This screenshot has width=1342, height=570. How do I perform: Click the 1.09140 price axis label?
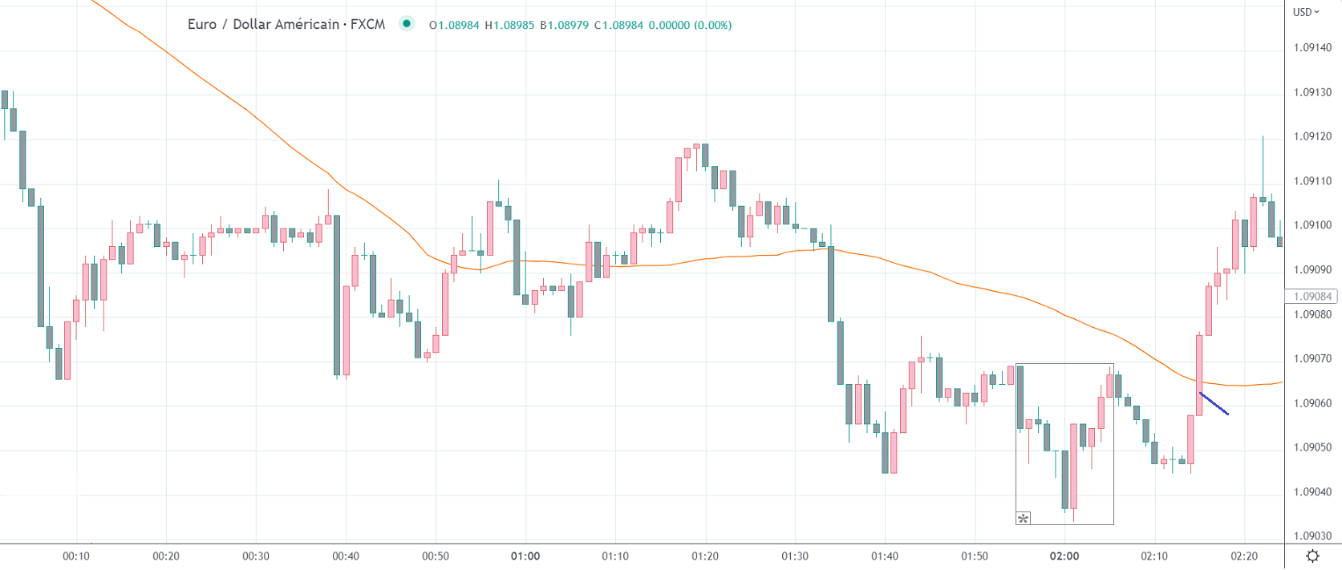click(1312, 47)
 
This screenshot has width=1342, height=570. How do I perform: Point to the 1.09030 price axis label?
click(1312, 536)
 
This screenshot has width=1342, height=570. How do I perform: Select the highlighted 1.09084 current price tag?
click(1312, 297)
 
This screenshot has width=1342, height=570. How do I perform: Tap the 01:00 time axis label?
click(525, 556)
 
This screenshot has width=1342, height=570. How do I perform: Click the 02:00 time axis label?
click(1064, 556)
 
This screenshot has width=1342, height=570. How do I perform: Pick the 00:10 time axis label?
click(76, 556)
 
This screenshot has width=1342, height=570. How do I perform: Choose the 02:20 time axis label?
click(1244, 556)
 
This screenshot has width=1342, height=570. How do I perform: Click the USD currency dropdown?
click(1305, 12)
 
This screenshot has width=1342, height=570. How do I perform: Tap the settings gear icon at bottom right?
click(1313, 556)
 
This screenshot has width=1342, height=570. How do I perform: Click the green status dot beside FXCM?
click(407, 24)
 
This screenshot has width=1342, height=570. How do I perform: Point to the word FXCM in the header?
click(367, 24)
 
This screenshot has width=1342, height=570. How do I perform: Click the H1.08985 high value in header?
click(509, 25)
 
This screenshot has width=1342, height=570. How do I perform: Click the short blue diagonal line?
click(1214, 403)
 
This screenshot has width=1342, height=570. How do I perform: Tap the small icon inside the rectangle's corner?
click(1023, 518)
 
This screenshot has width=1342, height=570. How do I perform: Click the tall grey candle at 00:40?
click(337, 295)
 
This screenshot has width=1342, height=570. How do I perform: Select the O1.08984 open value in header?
click(454, 25)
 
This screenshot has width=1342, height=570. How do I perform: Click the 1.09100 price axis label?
click(1312, 225)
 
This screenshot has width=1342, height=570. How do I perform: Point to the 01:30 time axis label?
click(795, 556)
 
